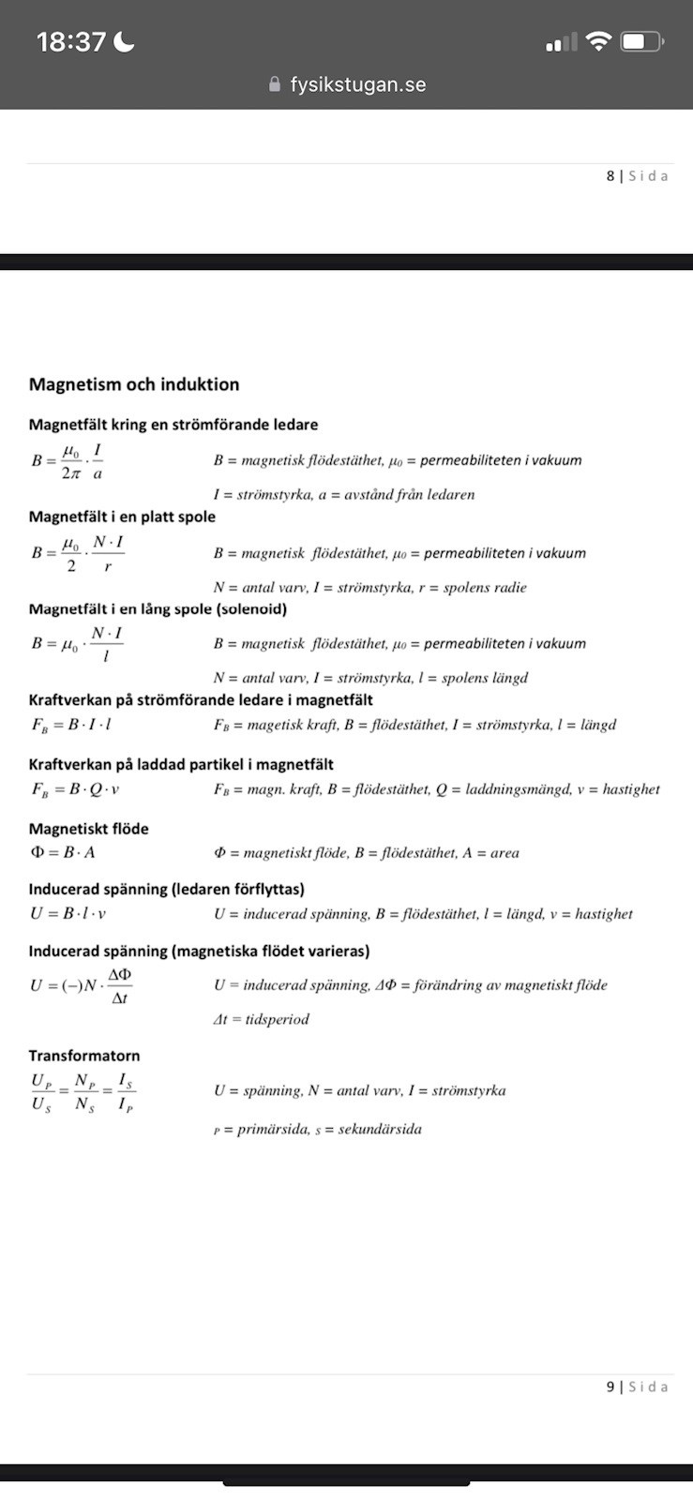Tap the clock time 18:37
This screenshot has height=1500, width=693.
pyautogui.click(x=71, y=41)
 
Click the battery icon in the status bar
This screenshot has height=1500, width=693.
pyautogui.click(x=642, y=42)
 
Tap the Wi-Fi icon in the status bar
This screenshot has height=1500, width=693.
pyautogui.click(x=597, y=41)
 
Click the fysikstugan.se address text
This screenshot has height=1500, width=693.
pyautogui.click(x=357, y=84)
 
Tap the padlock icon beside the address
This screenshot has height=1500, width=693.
pyautogui.click(x=275, y=84)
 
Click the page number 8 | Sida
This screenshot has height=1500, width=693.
pyautogui.click(x=637, y=175)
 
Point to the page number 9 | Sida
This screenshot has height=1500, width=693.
pyautogui.click(x=637, y=1387)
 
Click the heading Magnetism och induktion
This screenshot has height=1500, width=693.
pyautogui.click(x=134, y=384)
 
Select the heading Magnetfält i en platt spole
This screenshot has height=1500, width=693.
pyautogui.click(x=122, y=517)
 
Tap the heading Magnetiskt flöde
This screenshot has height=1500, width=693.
pyautogui.click(x=88, y=829)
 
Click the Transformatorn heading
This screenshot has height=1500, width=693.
pyautogui.click(x=84, y=1056)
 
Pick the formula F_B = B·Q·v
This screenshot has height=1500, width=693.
pyautogui.click(x=75, y=789)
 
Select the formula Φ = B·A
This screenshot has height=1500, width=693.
pyautogui.click(x=63, y=853)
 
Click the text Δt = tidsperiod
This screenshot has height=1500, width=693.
pyautogui.click(x=261, y=1019)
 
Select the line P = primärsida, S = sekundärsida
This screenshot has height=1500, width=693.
pyautogui.click(x=317, y=1130)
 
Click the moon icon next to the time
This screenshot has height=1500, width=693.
pyautogui.click(x=124, y=41)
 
